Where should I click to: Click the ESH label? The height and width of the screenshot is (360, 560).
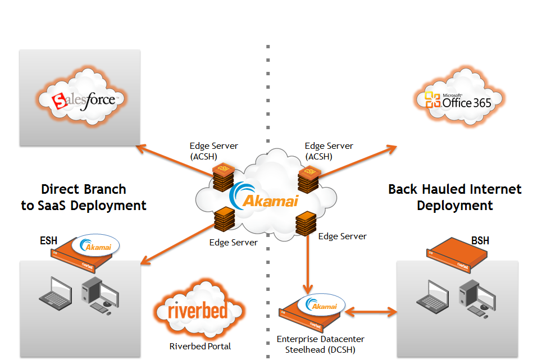click(48, 241)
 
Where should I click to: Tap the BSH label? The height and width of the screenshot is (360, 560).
click(480, 241)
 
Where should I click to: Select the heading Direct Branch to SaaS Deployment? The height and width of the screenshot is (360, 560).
click(84, 197)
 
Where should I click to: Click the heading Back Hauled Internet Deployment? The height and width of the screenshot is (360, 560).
click(454, 197)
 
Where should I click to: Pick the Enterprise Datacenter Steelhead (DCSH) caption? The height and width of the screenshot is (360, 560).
click(320, 344)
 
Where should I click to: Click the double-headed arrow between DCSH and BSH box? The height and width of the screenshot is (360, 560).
click(371, 310)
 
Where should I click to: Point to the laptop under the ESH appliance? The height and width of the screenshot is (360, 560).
click(54, 294)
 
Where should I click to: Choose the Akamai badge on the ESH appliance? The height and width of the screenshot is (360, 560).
click(95, 246)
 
